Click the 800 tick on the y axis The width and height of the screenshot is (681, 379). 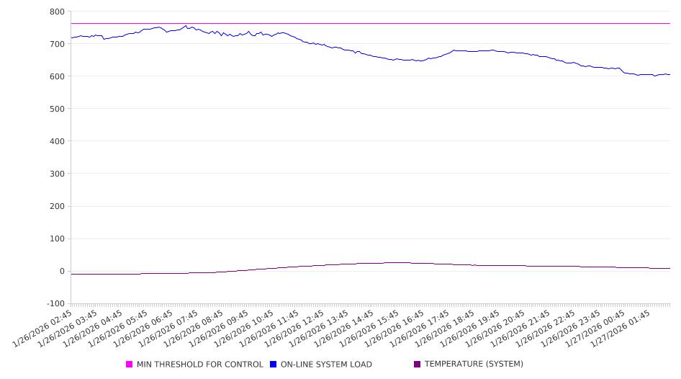pos(57,12)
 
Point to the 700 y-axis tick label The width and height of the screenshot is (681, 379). pos(57,44)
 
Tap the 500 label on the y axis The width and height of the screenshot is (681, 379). pos(57,109)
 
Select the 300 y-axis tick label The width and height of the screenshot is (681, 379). pos(57,174)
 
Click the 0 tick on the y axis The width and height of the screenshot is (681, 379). pos(62,272)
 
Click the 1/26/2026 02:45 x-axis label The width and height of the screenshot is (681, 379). pos(44,328)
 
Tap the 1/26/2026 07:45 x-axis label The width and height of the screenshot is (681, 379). pos(168,328)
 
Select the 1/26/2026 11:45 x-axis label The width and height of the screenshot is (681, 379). pos(269,328)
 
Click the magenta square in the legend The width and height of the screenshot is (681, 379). pos(130,365)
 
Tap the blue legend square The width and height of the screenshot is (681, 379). pos(274,365)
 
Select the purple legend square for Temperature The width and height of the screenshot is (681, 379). pos(418,365)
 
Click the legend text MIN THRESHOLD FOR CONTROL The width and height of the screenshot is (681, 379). pos(199,365)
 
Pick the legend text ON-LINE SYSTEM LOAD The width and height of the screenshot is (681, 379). pos(326,365)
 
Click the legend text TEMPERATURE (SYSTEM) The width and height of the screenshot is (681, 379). pos(474,365)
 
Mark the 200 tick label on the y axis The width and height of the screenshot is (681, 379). pos(57,206)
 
